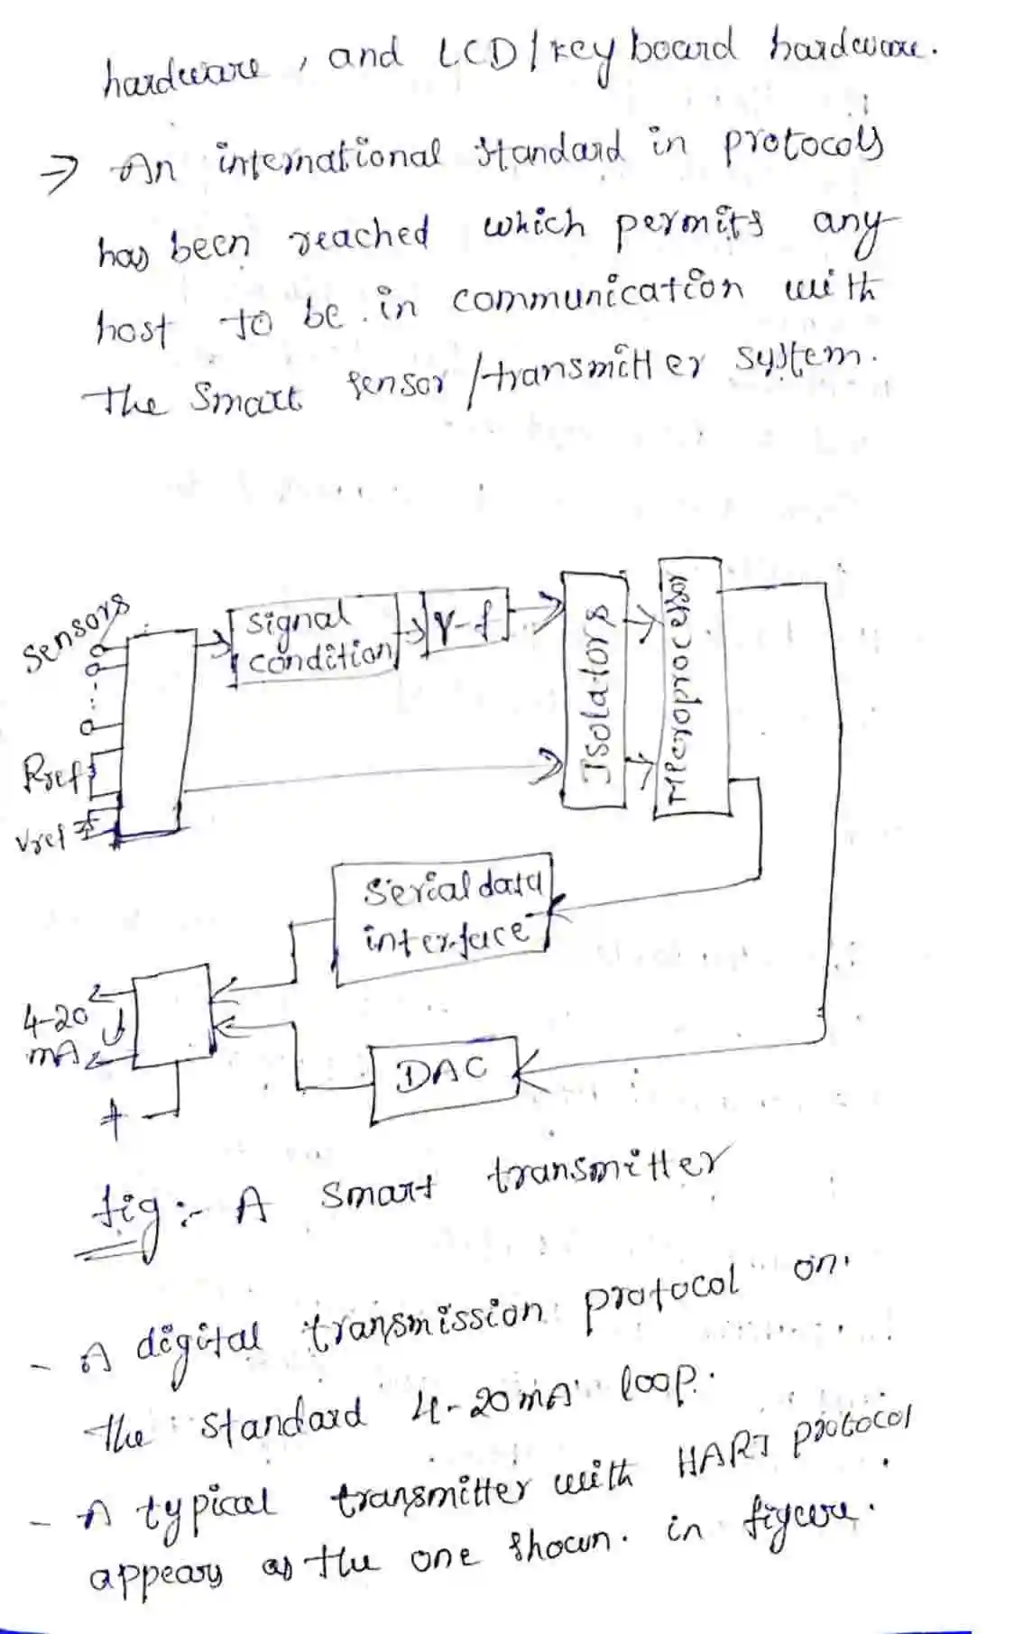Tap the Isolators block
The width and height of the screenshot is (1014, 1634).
593,688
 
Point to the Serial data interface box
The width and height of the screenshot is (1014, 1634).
444,921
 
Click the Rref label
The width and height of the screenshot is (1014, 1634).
54,774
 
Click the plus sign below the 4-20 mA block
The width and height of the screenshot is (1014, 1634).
112,1117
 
